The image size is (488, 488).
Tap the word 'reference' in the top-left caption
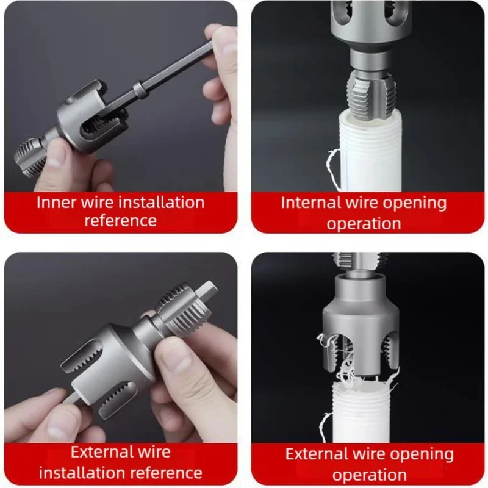click(x=120, y=220)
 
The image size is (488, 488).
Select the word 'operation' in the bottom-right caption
click(x=370, y=474)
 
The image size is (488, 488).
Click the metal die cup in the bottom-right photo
click(x=359, y=323)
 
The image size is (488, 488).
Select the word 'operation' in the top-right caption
click(x=364, y=223)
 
